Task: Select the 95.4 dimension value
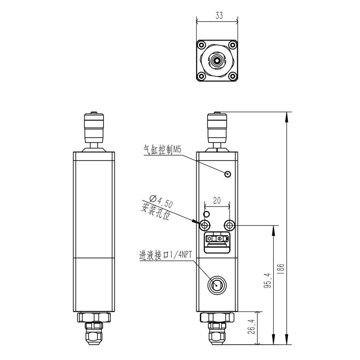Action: pyautogui.click(x=267, y=281)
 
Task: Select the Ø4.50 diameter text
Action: pyautogui.click(x=159, y=201)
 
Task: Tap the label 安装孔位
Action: pyautogui.click(x=156, y=211)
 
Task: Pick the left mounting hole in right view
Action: pyautogui.click(x=205, y=225)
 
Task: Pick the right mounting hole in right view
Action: pyautogui.click(x=230, y=225)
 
